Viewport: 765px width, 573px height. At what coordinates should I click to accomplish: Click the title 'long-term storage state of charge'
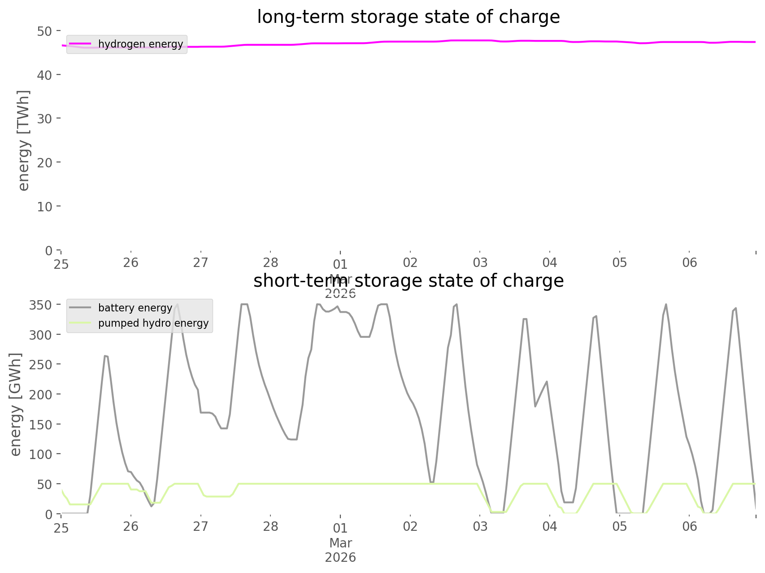point(408,17)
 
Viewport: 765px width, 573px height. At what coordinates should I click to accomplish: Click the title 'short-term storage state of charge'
point(408,281)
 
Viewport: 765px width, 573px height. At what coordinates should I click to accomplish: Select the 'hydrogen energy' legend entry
point(140,44)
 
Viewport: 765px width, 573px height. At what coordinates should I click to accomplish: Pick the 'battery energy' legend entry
point(135,308)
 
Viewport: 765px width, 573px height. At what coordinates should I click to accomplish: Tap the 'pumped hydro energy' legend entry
point(153,323)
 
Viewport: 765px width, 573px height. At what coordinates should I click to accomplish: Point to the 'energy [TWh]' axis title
point(24,140)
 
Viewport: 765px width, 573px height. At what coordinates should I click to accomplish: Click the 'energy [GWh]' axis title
point(16,404)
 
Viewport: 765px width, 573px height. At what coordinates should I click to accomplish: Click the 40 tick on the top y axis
point(44,74)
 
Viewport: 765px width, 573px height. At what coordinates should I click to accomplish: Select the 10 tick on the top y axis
point(44,206)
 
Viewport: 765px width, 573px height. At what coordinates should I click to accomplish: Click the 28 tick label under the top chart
point(270,263)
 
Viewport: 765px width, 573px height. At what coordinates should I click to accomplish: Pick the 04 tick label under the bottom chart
point(550,527)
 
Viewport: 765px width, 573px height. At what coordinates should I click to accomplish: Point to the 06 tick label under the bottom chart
point(690,527)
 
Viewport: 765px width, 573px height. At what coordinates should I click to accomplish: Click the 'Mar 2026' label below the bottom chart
point(340,551)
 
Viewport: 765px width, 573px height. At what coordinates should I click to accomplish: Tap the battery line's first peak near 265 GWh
point(106,356)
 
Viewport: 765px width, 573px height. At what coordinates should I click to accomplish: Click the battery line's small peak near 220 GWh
point(547,381)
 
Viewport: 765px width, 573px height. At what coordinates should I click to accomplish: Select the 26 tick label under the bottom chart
point(131,527)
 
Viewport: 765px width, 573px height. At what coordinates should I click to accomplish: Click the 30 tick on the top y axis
point(44,118)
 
